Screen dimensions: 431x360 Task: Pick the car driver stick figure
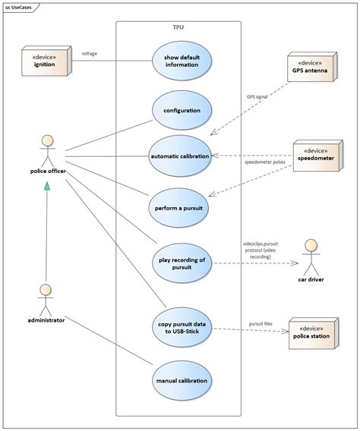[311, 258]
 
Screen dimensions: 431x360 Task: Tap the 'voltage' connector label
[90, 53]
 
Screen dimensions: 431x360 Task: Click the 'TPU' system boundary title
[178, 27]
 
